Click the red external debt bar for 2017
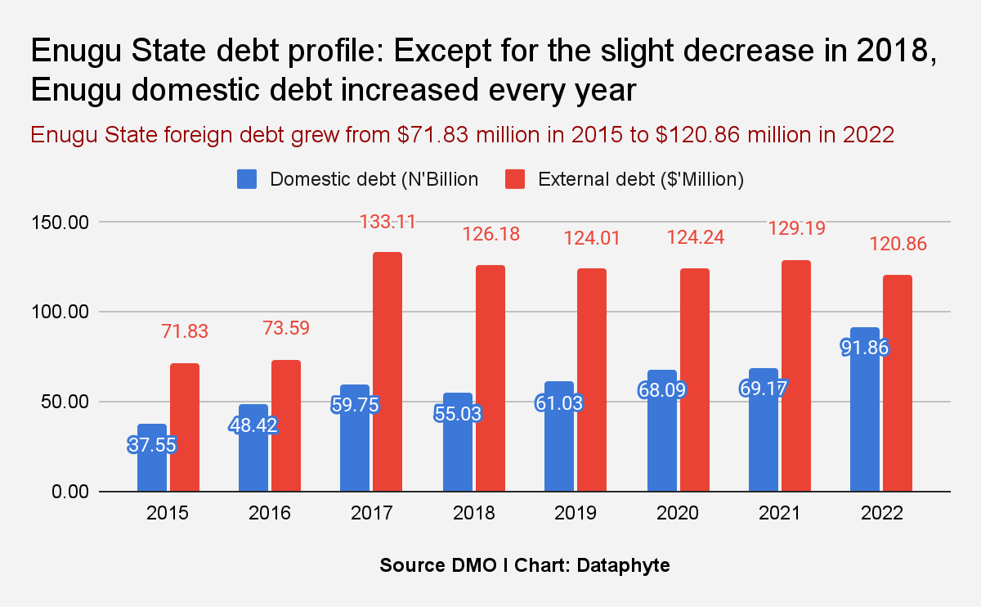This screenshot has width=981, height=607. click(x=387, y=372)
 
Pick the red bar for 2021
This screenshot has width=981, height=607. click(x=796, y=376)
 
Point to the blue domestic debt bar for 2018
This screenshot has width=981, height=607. click(x=458, y=458)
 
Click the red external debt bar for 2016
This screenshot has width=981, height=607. click(x=286, y=425)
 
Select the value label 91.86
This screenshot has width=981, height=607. click(x=865, y=347)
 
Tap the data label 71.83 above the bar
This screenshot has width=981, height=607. click(x=185, y=331)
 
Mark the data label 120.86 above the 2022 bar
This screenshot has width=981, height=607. click(x=898, y=244)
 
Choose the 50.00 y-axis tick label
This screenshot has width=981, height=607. click(x=62, y=402)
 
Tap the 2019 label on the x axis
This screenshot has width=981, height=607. click(x=576, y=514)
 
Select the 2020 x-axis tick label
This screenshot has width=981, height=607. click(x=677, y=514)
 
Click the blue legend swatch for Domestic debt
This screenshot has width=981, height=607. click(x=247, y=179)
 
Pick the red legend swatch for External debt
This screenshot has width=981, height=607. click(x=515, y=179)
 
